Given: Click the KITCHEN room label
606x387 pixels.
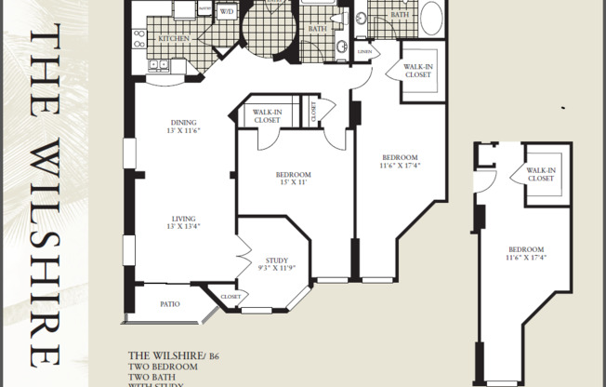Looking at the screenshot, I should tap(174, 38).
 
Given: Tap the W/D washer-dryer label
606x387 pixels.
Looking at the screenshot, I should tap(227, 12).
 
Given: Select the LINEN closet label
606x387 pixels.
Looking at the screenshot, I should tap(363, 52).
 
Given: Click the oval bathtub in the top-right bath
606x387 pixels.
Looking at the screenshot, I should tap(432, 18).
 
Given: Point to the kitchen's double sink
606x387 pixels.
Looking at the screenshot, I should tap(139, 39).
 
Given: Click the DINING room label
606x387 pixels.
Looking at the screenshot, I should tap(182, 122).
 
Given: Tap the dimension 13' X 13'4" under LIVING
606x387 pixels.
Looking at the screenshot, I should tap(182, 226).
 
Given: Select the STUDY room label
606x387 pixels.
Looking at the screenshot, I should tap(276, 260).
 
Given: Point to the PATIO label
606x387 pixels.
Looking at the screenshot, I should tap(168, 303).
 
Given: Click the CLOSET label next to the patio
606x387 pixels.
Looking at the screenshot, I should tap(231, 297).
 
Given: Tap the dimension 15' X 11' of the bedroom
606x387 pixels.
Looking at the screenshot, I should tap(292, 184).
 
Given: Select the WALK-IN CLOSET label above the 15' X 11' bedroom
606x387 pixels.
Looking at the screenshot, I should tap(267, 115).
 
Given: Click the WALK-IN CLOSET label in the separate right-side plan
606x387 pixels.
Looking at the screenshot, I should tap(541, 174).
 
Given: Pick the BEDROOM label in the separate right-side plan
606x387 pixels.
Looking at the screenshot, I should tap(526, 248).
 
